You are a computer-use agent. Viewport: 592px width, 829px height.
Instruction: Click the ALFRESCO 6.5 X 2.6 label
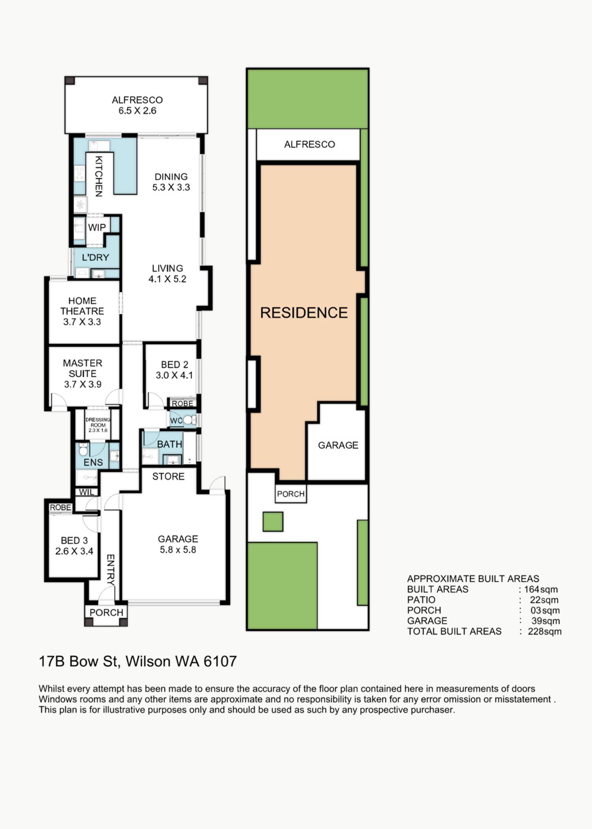point(137,105)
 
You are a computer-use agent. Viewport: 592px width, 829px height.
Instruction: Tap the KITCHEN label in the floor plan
point(99,176)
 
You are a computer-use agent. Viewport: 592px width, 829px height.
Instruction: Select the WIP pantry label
point(97,227)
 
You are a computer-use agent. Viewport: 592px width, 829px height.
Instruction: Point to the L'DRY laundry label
point(95,257)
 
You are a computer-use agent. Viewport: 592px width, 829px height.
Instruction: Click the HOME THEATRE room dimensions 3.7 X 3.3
point(82,322)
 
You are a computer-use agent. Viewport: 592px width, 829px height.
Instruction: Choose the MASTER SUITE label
point(82,368)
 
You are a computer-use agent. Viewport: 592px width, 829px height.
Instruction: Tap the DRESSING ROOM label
point(98,422)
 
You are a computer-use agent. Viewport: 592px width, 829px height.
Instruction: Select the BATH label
point(170,444)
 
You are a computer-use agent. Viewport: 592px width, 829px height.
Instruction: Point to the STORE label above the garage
point(169,476)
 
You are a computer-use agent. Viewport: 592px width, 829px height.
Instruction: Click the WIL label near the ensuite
point(87,492)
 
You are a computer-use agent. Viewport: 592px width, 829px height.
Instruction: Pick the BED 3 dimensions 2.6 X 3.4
point(74,551)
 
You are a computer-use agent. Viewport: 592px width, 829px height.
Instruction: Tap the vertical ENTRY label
point(111,570)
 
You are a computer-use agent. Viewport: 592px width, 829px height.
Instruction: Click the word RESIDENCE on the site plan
point(304,313)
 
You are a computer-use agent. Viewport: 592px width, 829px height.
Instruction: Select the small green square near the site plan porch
point(273,521)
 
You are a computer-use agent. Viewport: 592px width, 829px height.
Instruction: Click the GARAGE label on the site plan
point(338,445)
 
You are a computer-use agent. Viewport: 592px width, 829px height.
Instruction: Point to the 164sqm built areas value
point(541,589)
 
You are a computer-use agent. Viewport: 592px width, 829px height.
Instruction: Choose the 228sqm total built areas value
point(545,631)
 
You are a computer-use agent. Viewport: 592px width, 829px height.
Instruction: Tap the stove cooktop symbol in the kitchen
point(80,174)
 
